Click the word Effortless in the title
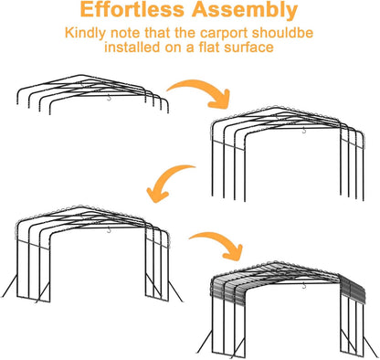(132, 9)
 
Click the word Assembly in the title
(245, 11)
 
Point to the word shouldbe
(282, 33)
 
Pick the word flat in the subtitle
(209, 48)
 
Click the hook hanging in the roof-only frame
(109, 98)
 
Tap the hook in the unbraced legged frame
(304, 131)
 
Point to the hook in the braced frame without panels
(109, 230)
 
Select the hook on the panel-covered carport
(303, 285)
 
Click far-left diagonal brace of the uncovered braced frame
(9, 285)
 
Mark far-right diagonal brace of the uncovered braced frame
(175, 291)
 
